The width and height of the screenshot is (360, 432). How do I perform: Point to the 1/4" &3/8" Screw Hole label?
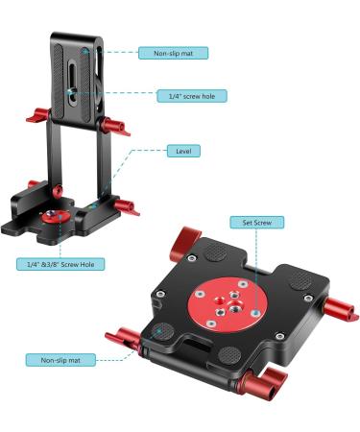[60, 263]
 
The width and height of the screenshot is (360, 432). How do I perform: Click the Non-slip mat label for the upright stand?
[174, 54]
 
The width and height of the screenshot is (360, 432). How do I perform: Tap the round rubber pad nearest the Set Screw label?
[216, 252]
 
